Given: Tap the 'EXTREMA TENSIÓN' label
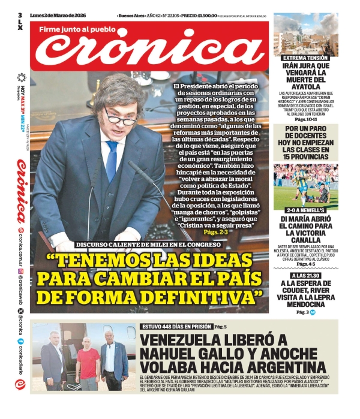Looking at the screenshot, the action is (306, 58).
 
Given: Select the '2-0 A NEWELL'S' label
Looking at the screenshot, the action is (306, 210).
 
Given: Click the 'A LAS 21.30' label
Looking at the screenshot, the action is (306, 275).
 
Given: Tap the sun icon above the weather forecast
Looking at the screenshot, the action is (22, 77).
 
